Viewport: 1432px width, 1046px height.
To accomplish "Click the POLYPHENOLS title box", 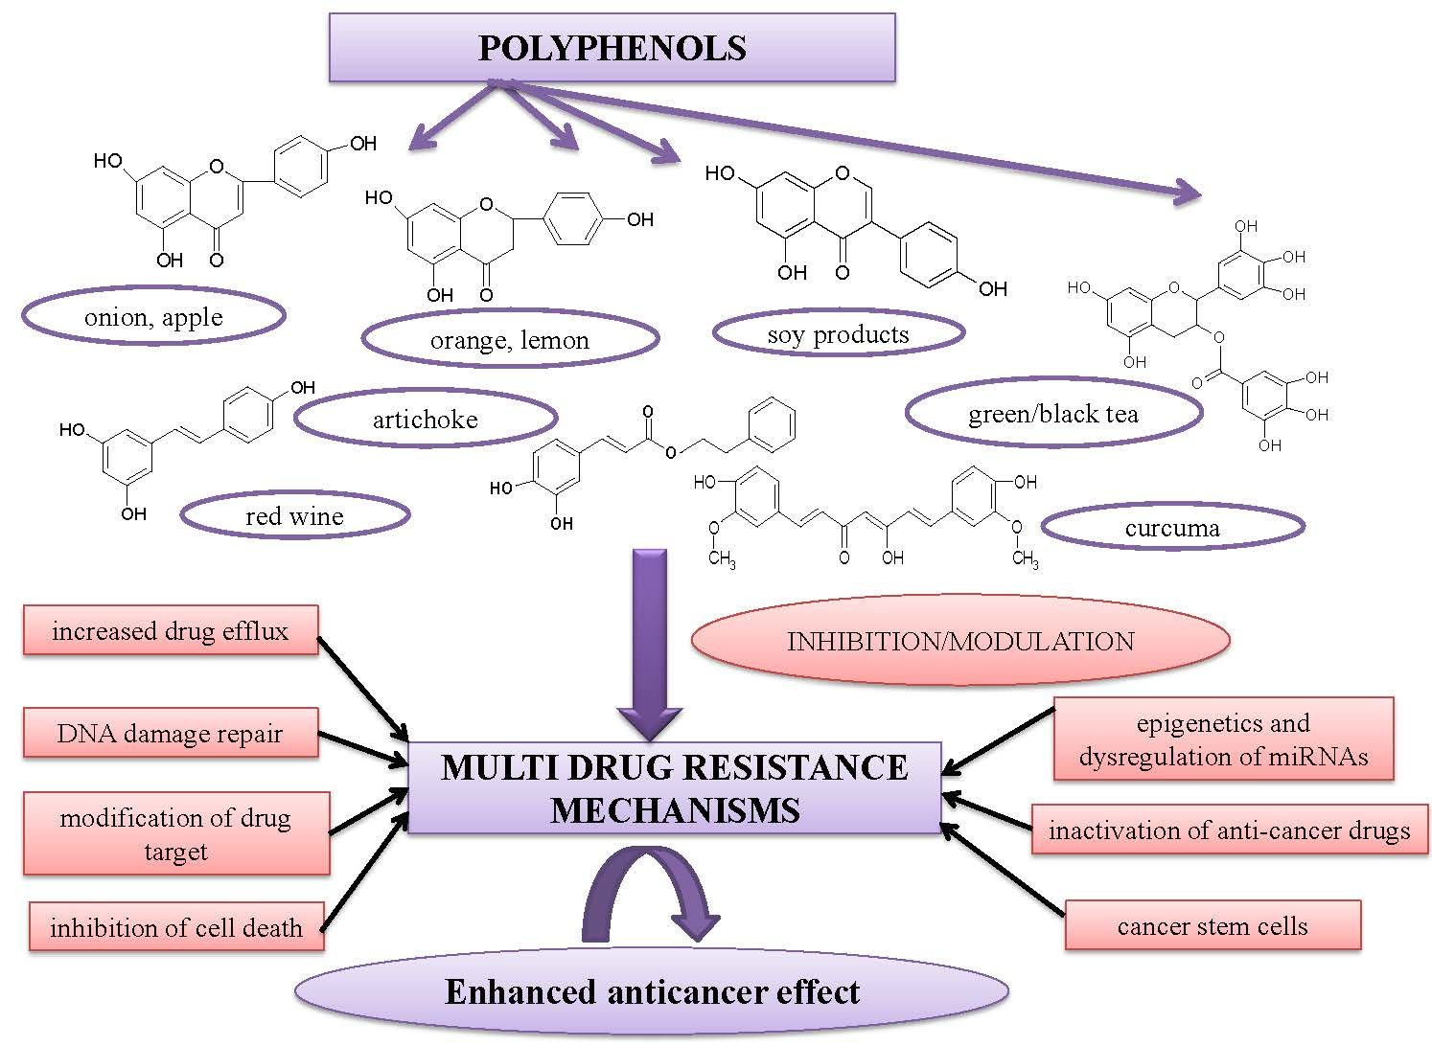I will (x=612, y=48).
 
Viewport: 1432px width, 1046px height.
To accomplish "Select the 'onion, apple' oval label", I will (x=153, y=317).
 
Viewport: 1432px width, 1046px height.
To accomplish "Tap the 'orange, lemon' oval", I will (x=510, y=339).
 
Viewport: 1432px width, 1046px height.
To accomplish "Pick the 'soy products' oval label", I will (x=838, y=334).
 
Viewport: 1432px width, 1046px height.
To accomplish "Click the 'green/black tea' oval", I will (x=1052, y=414).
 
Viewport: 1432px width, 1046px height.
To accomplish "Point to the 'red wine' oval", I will (x=294, y=516).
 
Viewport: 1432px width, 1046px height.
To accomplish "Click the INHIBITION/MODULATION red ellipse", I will (x=959, y=641).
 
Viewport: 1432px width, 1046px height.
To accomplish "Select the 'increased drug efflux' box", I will (x=170, y=630).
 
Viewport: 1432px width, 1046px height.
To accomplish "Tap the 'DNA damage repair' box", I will (x=170, y=734).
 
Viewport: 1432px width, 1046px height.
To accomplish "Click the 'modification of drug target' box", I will (x=175, y=833).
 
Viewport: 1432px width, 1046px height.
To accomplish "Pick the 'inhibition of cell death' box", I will (x=175, y=926).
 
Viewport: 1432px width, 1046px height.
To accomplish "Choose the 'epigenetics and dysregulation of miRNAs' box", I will (x=1222, y=739).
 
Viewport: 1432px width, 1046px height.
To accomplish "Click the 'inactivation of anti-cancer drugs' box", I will (x=1229, y=830).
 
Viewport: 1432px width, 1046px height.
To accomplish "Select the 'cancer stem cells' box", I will (x=1212, y=925).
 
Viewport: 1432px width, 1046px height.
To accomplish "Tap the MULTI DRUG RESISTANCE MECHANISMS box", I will (x=674, y=788).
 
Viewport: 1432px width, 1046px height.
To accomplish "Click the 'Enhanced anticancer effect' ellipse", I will (x=652, y=991).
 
